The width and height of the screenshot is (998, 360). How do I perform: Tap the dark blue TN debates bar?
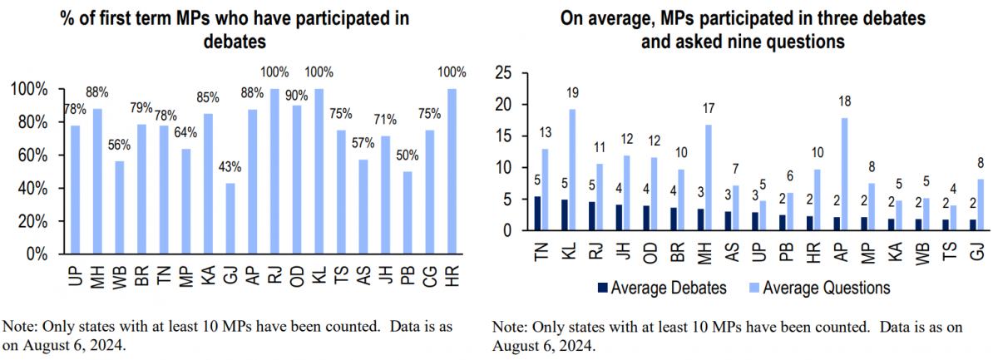(537, 214)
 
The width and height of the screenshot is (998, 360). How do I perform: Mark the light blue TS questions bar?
(954, 218)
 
